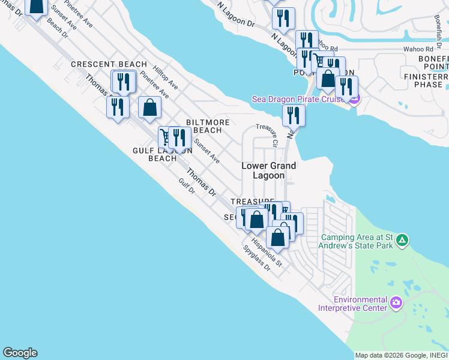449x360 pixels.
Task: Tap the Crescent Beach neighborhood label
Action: (109, 64)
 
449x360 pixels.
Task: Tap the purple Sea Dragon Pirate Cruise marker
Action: (353, 99)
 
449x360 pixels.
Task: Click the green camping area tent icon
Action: (402, 241)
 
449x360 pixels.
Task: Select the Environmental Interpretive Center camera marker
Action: (396, 304)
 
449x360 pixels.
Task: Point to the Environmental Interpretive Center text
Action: (360, 304)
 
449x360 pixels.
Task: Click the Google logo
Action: (20, 353)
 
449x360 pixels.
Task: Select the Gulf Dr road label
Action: (187, 187)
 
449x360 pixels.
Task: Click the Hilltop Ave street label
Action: (165, 76)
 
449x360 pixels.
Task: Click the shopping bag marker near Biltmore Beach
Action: (150, 107)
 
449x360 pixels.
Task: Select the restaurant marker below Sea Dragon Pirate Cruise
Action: (294, 114)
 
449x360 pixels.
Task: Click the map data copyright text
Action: (401, 355)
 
